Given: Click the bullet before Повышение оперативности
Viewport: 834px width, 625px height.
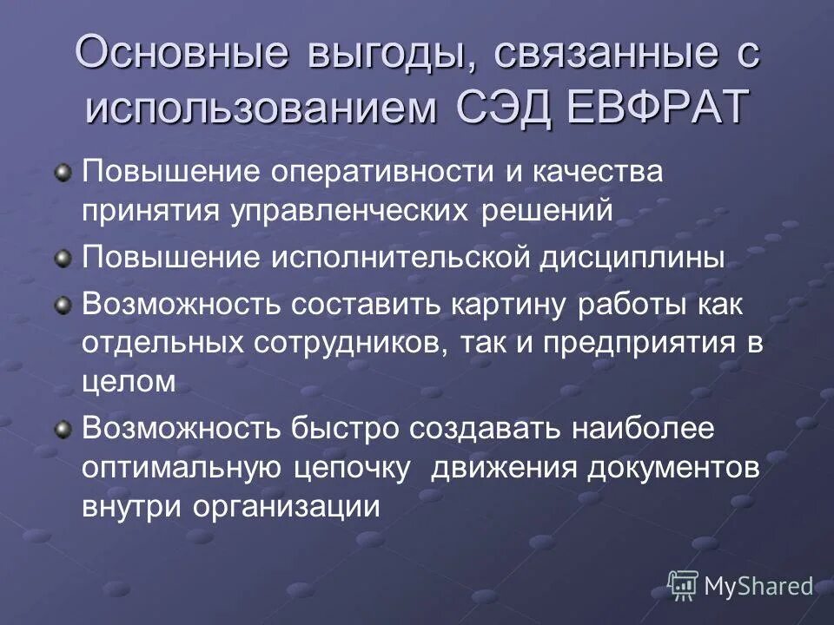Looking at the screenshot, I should click(63, 174).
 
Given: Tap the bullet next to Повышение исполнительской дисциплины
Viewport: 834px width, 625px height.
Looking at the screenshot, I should click(63, 258).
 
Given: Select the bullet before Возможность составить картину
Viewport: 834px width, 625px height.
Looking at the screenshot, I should click(63, 305).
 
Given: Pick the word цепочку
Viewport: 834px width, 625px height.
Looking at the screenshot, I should click(352, 466).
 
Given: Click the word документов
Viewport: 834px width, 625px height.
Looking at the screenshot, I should click(673, 466).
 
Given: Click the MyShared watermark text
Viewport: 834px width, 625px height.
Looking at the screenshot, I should click(758, 586).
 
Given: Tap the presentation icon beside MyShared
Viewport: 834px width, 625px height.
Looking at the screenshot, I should click(683, 586).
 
